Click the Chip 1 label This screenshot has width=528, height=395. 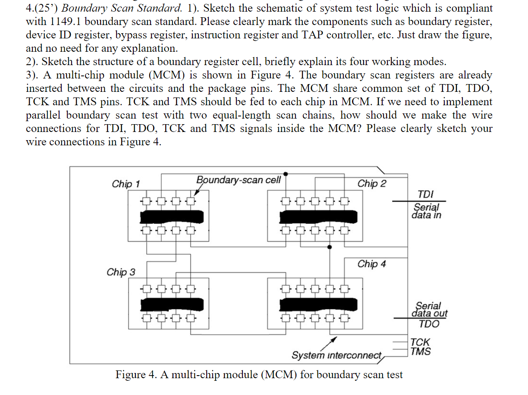tap(126, 184)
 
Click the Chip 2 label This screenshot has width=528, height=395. tap(372, 183)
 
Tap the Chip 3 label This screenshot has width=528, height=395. tap(121, 272)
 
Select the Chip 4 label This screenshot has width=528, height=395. tap(372, 263)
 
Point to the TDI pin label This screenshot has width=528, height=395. tap(426, 194)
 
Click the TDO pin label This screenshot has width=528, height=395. tap(429, 324)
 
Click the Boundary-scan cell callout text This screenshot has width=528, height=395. tap(239, 179)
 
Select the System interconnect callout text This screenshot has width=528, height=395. tap(336, 355)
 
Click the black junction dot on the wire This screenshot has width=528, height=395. tap(330, 247)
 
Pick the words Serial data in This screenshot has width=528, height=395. tap(427, 210)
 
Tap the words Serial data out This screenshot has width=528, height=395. tap(430, 310)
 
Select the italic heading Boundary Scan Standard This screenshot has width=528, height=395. tap(123, 8)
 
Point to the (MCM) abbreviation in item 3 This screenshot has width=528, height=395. tap(167, 75)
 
